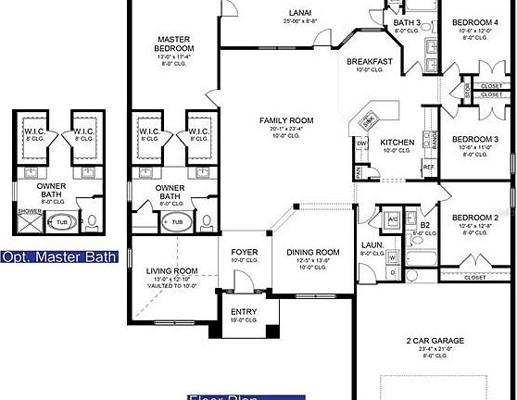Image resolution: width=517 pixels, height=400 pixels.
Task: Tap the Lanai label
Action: (x=299, y=12)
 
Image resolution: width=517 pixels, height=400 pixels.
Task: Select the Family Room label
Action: (x=285, y=120)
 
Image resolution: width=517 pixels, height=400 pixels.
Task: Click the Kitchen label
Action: (x=397, y=142)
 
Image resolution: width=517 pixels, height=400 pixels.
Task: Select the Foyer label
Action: (x=243, y=251)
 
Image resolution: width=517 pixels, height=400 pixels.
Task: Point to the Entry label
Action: (x=244, y=312)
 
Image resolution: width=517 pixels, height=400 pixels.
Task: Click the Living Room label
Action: (x=169, y=270)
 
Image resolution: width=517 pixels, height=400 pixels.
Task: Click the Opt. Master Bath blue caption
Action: (x=59, y=256)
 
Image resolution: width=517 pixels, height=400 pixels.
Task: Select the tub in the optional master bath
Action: (x=62, y=222)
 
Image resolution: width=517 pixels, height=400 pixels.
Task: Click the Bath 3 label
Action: (x=407, y=22)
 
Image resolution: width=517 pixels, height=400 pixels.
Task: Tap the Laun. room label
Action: (x=372, y=244)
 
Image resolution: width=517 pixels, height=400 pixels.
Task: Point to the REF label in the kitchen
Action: (x=428, y=168)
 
